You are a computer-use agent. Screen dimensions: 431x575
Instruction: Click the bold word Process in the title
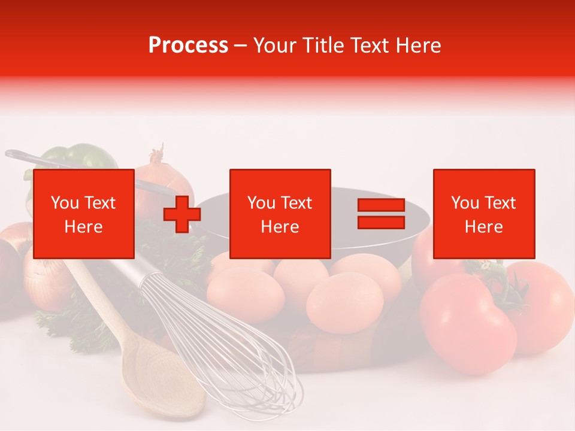coord(188,45)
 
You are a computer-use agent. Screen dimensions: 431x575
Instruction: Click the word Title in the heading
coord(323,45)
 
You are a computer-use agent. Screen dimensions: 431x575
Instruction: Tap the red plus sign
coord(182,214)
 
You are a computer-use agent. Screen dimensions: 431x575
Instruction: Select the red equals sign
coord(381,214)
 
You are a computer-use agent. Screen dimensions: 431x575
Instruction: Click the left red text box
coord(83,214)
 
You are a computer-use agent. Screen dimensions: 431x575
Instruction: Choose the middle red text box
coord(280,214)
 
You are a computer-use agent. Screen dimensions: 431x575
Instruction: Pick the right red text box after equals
coord(483,214)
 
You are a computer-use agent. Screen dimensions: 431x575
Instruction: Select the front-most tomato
coord(467,323)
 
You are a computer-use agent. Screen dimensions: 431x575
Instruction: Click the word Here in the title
coord(417,45)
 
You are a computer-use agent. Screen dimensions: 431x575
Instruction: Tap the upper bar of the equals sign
coord(381,205)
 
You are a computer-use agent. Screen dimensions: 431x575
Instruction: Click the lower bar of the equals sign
coord(381,222)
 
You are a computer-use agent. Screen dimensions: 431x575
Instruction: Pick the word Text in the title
coord(370,45)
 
